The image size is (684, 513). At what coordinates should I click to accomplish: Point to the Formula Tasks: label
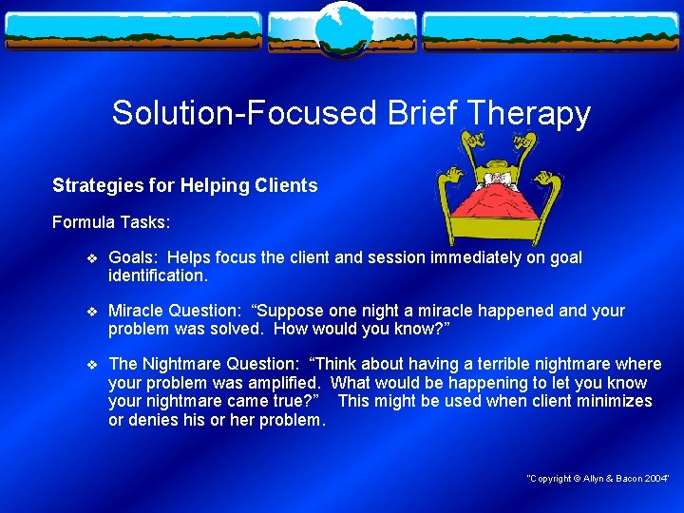click(111, 221)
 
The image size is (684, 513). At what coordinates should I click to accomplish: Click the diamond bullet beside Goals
click(91, 257)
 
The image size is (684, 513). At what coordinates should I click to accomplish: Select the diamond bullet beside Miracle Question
click(91, 311)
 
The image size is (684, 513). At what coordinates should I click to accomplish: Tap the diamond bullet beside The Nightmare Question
click(91, 364)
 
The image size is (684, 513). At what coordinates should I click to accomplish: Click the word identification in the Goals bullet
click(157, 275)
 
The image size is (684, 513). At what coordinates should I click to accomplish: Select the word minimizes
click(615, 401)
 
